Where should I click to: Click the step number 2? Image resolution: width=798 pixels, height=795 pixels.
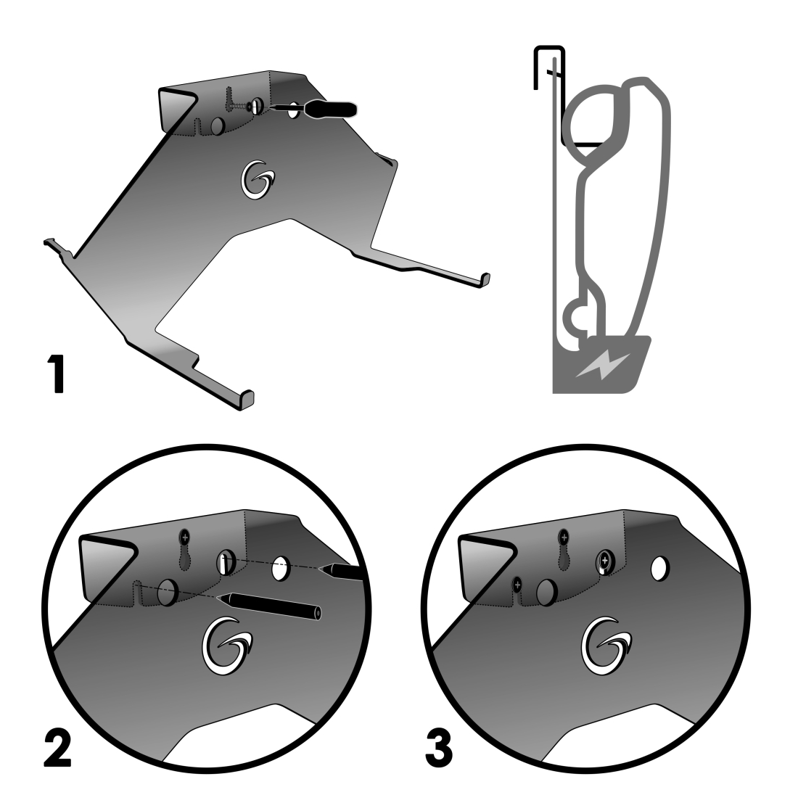pyautogui.click(x=57, y=747)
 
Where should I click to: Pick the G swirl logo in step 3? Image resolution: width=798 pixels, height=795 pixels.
pyautogui.click(x=606, y=646)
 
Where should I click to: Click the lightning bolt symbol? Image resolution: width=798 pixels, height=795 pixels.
pyautogui.click(x=602, y=364)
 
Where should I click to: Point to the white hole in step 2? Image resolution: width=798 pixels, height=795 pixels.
pyautogui.click(x=281, y=569)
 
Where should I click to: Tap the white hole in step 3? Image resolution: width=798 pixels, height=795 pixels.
pyautogui.click(x=659, y=569)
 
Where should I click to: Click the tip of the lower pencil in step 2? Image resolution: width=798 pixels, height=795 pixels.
pyautogui.click(x=218, y=598)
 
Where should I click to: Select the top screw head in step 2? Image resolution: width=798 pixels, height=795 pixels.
pyautogui.click(x=185, y=537)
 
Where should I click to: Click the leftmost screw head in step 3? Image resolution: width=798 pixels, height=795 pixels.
pyautogui.click(x=517, y=585)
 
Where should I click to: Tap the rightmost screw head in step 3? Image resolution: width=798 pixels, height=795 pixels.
pyautogui.click(x=604, y=561)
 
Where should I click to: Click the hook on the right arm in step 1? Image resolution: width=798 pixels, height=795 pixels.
pyautogui.click(x=485, y=281)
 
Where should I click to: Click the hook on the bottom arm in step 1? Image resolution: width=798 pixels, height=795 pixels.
pyautogui.click(x=247, y=400)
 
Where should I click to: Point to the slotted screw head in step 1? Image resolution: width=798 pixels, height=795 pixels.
pyautogui.click(x=257, y=107)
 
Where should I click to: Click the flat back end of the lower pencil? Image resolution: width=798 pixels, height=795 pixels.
pyautogui.click(x=318, y=614)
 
